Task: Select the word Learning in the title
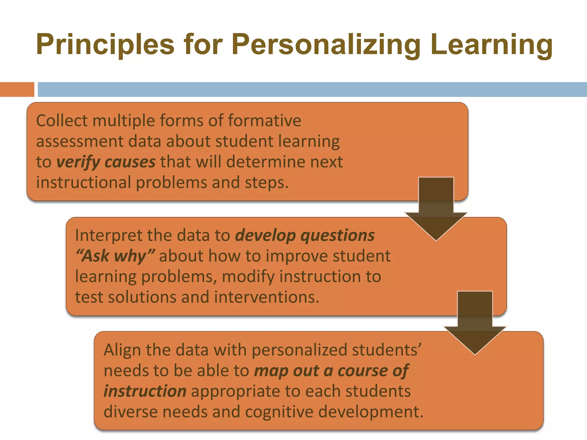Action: point(491,44)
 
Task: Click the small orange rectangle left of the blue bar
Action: point(17,89)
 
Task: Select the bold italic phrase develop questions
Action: point(305,235)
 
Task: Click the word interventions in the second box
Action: point(267,297)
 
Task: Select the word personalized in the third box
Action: point(300,350)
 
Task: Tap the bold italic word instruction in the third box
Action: point(145,391)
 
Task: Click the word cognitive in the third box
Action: point(279,412)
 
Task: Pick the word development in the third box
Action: point(371,412)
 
